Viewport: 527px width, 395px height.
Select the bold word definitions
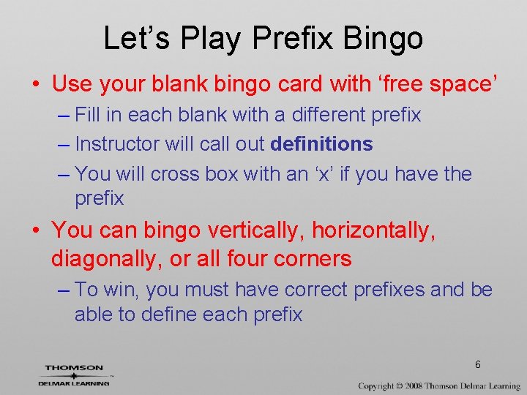point(321,144)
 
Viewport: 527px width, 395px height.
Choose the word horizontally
point(374,230)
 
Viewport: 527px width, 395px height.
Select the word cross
point(175,174)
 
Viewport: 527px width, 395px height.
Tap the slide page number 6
point(477,364)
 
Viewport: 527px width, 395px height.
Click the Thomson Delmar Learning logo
point(75,374)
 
